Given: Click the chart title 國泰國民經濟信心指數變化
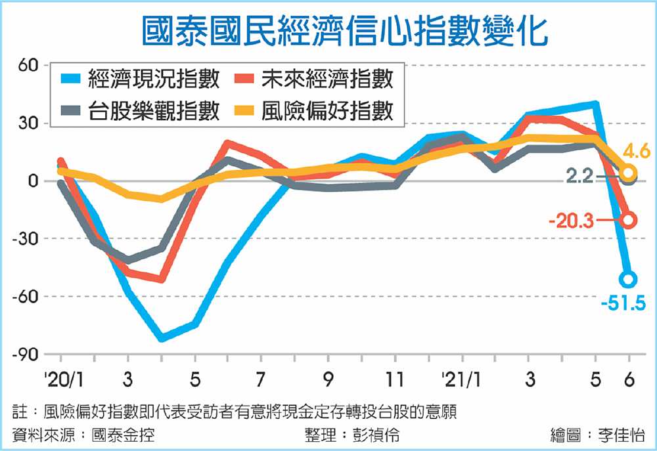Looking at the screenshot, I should coord(345,31).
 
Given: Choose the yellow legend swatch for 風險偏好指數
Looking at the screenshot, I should coord(244,110).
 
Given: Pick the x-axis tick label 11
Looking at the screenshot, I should coord(396,380).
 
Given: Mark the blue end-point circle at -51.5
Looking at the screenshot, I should coord(629,280).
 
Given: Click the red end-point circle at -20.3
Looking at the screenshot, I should coord(629,220).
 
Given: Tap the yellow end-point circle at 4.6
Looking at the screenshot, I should coord(629,173).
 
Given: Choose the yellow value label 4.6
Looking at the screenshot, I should coord(636,153).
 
